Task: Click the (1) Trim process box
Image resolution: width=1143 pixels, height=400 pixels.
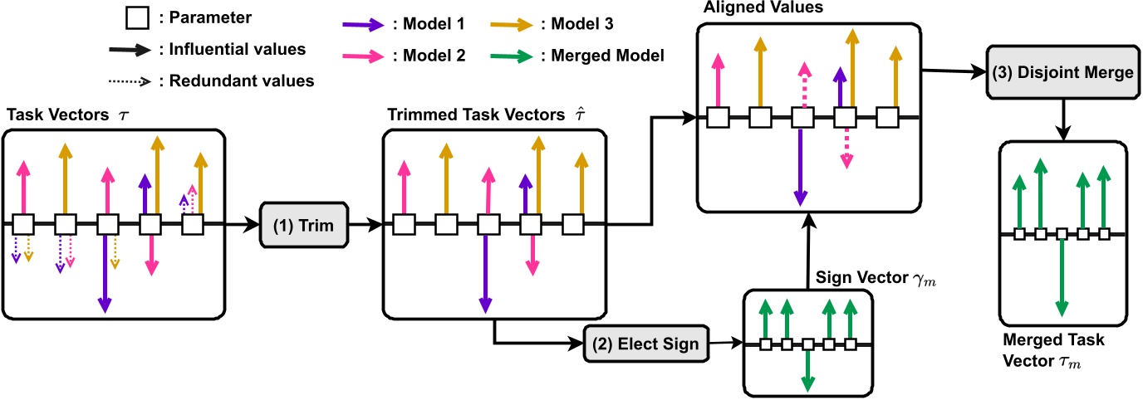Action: [304, 225]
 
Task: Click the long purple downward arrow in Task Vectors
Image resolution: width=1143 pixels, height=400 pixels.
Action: [105, 273]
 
